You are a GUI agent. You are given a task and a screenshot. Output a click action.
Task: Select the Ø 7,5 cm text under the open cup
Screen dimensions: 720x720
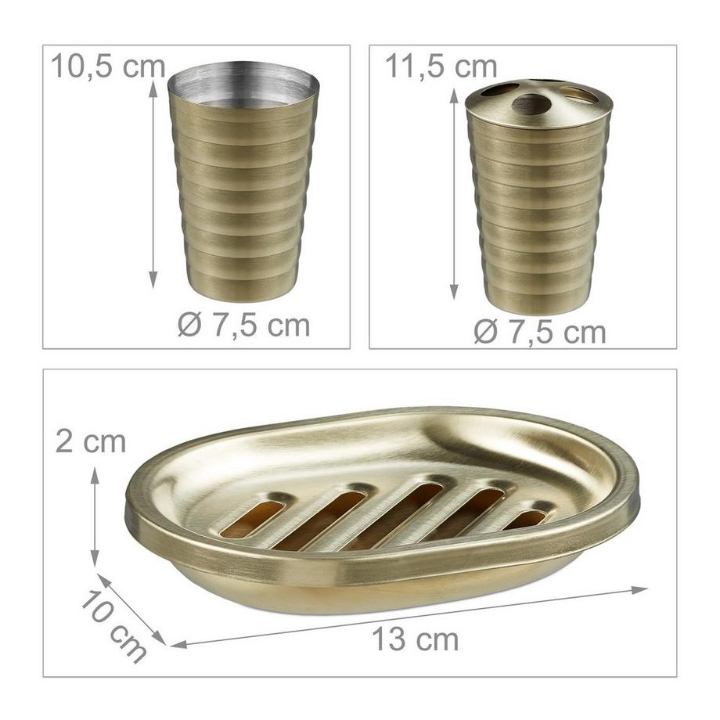243,324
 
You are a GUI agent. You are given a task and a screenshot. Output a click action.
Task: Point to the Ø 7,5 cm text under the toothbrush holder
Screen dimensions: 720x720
540,332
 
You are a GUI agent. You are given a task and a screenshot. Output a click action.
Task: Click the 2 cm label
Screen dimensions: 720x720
91,441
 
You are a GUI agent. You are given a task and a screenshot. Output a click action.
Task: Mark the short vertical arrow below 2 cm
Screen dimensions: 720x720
95,517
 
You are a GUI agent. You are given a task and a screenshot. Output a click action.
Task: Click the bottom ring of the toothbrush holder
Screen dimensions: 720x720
538,301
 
